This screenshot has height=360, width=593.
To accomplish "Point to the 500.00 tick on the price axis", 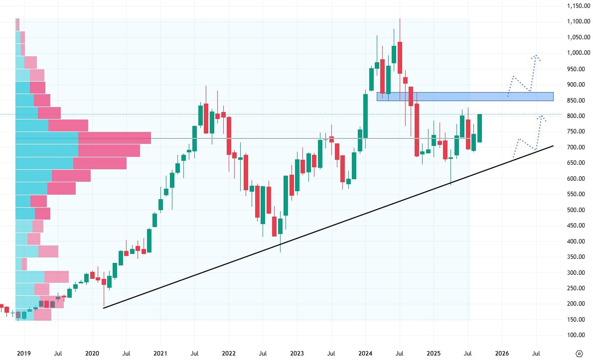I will coord(576,210).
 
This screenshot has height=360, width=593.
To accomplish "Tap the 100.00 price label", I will coord(576,335).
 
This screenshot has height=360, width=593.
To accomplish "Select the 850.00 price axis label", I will coord(576,101).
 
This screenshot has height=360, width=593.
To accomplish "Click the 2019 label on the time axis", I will coord(24,353).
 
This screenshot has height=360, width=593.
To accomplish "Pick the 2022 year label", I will coord(229,353).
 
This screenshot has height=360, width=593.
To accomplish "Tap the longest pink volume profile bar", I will coord(115,137).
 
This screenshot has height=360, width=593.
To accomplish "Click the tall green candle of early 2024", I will coord(365,115).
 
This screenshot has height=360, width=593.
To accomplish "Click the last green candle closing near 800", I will coord(479,128).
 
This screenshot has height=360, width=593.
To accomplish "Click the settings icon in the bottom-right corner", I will coord(579,353).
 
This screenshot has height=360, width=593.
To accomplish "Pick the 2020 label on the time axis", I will coord(93,353).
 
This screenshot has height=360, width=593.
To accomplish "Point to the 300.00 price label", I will coord(576,273).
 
